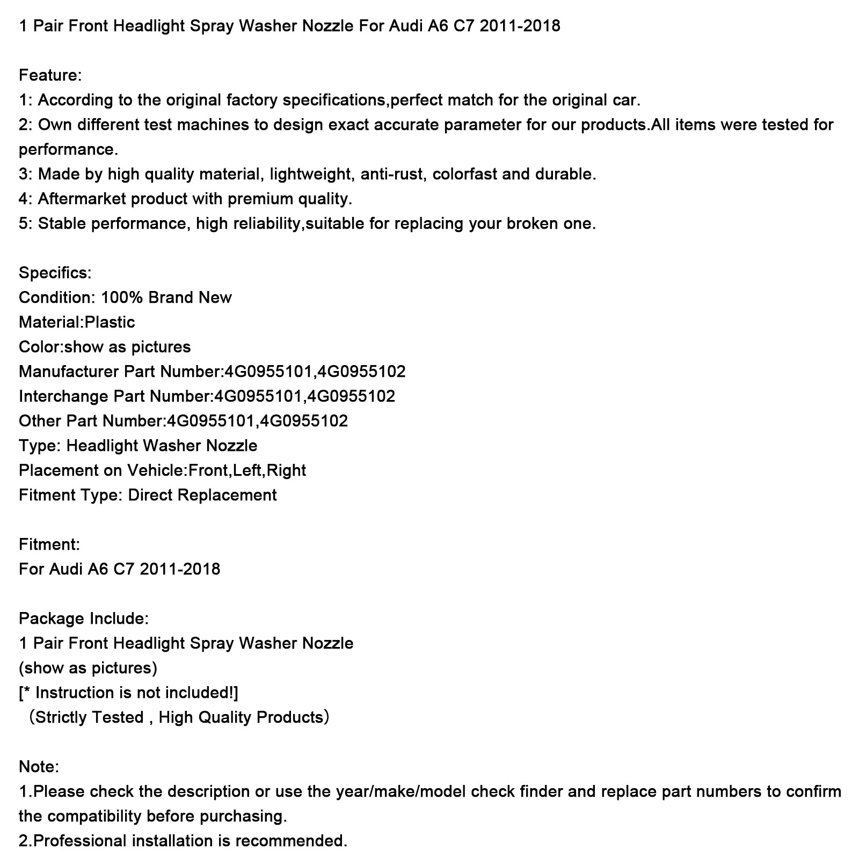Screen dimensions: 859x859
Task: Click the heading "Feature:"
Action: pyautogui.click(x=50, y=75)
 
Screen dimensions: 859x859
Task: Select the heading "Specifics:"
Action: pyautogui.click(x=55, y=273)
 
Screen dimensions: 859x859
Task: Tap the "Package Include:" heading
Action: pyautogui.click(x=83, y=618)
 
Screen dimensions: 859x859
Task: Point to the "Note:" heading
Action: pyautogui.click(x=39, y=767)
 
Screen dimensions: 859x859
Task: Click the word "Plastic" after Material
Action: pyautogui.click(x=110, y=322)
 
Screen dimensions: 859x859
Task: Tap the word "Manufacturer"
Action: pyautogui.click(x=69, y=372)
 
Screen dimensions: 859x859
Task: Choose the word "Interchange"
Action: pyautogui.click(x=64, y=396)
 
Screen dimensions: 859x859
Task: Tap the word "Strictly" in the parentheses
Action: pyautogui.click(x=61, y=717)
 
